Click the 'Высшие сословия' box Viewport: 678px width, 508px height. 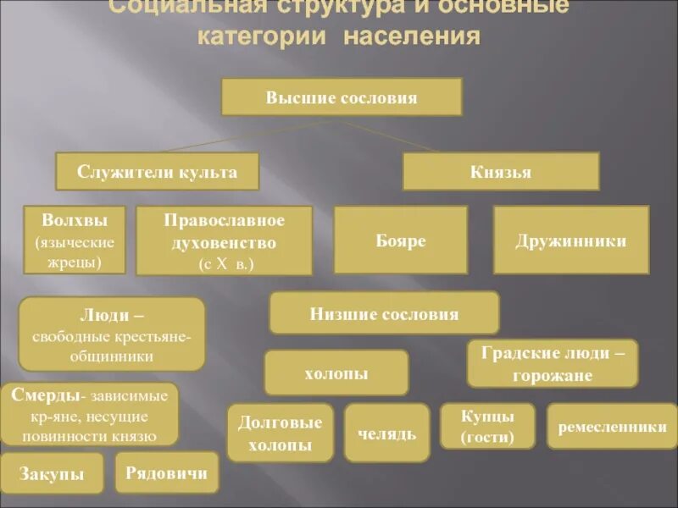342,97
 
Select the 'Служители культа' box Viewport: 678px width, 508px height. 157,172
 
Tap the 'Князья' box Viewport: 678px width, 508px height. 500,172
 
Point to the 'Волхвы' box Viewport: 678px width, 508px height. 74,240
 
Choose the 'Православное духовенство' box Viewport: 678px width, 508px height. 225,241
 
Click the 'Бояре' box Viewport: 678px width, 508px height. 400,240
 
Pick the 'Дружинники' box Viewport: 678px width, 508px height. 570,240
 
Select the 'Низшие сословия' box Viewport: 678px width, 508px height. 384,314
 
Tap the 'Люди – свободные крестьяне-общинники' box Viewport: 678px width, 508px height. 111,334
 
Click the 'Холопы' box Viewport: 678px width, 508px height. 336,373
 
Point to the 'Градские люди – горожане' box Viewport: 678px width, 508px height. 552,363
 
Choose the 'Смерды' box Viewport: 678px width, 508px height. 90,415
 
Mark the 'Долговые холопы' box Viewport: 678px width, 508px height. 280,433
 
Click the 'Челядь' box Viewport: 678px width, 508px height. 386,433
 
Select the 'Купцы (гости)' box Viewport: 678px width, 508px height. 487,427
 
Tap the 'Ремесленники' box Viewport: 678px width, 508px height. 612,427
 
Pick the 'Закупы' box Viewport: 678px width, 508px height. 53,473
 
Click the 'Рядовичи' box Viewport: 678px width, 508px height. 166,472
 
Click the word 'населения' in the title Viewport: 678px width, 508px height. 413,37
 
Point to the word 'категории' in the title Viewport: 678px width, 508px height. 265,37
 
